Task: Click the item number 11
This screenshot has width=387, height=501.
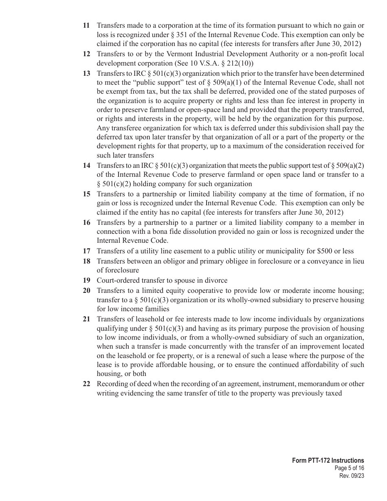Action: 86,26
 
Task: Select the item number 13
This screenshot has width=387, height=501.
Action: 86,73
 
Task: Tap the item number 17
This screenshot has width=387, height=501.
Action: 86,251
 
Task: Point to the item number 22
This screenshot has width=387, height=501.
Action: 86,384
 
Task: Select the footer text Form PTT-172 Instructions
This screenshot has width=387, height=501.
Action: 328,461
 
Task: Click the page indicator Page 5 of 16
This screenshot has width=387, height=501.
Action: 348,468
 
